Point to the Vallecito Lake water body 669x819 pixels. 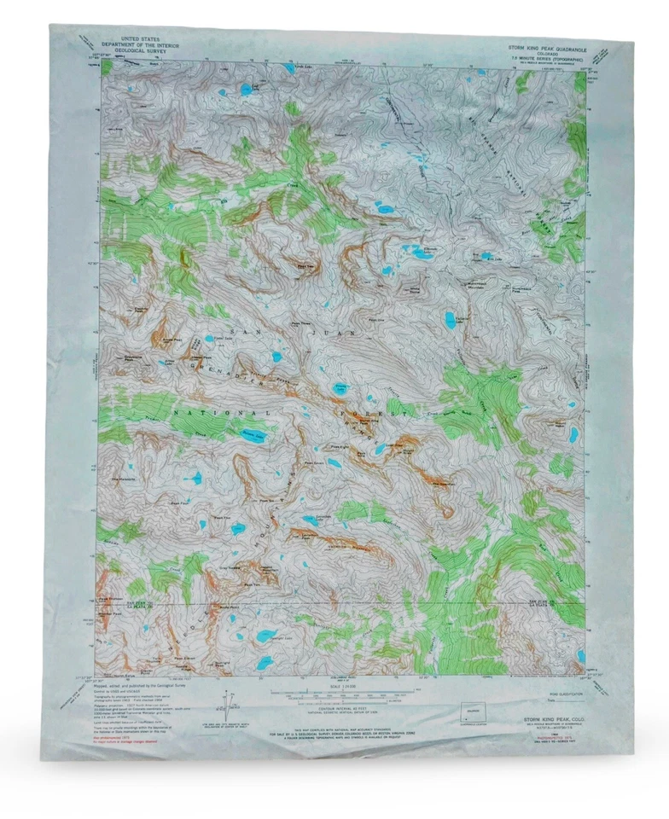pos(450,320)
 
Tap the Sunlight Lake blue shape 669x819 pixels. pos(267,635)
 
